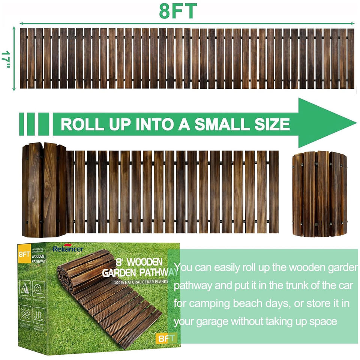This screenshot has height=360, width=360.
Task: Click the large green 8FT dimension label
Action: pyautogui.click(x=178, y=11)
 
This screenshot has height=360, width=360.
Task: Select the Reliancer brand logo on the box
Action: pyautogui.click(x=68, y=249)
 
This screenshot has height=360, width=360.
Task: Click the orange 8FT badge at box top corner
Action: pyautogui.click(x=24, y=253)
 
